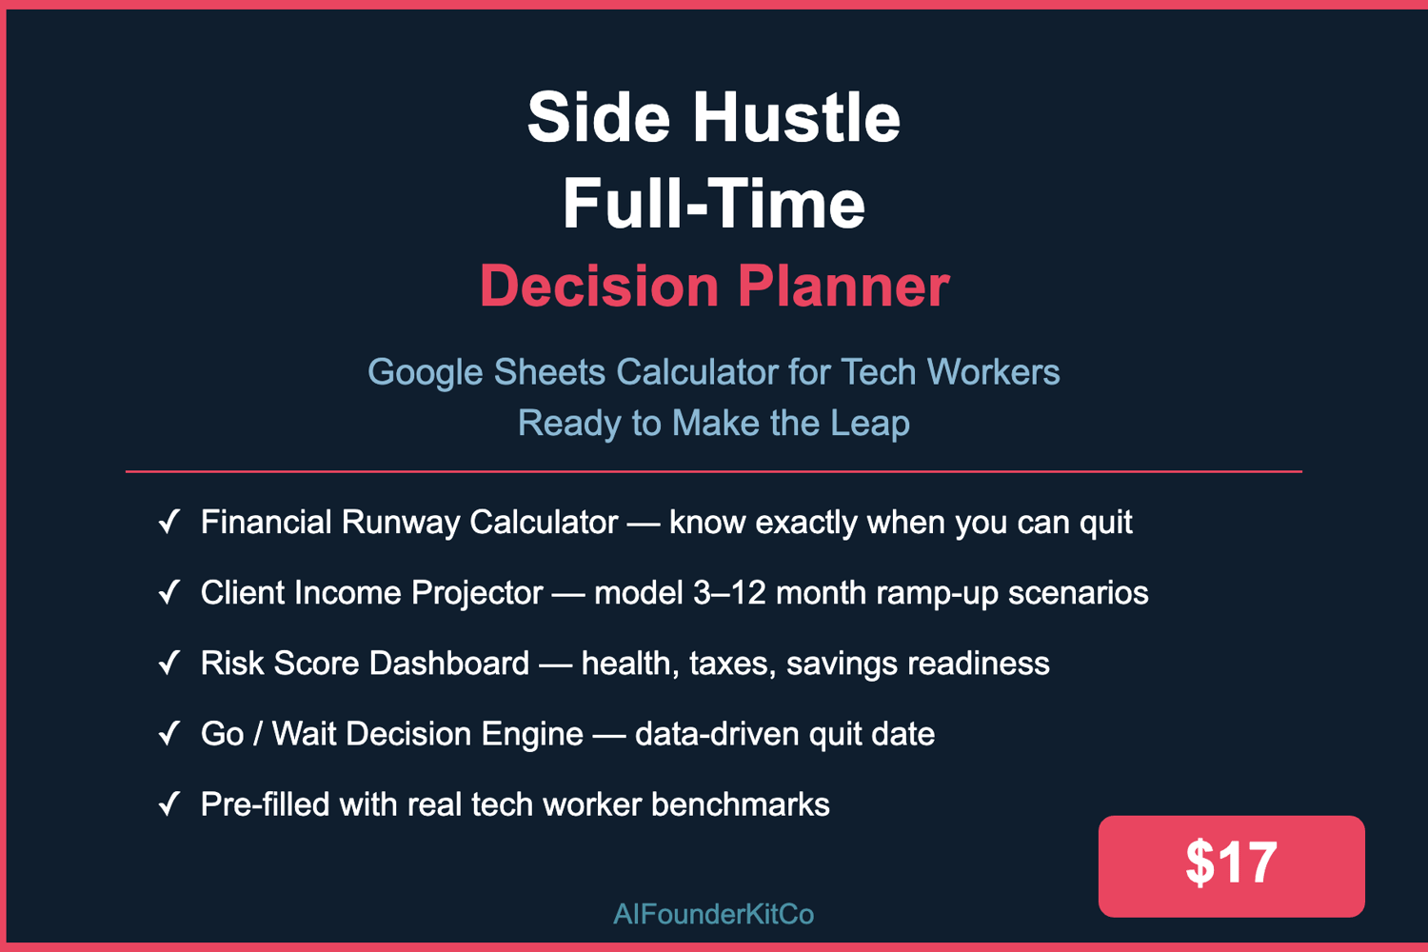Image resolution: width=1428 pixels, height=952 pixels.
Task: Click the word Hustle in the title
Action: tap(796, 118)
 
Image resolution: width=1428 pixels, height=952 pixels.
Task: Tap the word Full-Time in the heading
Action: tap(713, 204)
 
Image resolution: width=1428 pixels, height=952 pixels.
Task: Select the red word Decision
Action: tap(600, 287)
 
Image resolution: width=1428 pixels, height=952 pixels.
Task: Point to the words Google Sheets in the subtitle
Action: tap(486, 372)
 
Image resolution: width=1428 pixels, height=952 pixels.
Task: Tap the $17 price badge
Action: tap(1231, 866)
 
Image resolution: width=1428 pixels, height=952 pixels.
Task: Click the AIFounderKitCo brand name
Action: tap(713, 914)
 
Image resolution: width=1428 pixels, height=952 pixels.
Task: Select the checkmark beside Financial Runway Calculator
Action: tap(169, 521)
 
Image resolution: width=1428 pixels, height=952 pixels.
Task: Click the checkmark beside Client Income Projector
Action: tap(169, 592)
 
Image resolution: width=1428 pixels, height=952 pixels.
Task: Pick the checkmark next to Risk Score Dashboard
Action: tap(169, 663)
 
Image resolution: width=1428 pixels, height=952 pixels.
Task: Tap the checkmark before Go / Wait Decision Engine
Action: tap(169, 733)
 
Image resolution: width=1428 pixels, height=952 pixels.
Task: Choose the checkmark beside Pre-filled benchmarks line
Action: tap(169, 804)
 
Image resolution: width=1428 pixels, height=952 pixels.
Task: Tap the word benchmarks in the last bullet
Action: tap(740, 804)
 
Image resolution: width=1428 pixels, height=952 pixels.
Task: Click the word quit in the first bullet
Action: tap(1105, 524)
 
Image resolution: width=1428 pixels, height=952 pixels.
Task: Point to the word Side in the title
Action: tap(599, 118)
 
